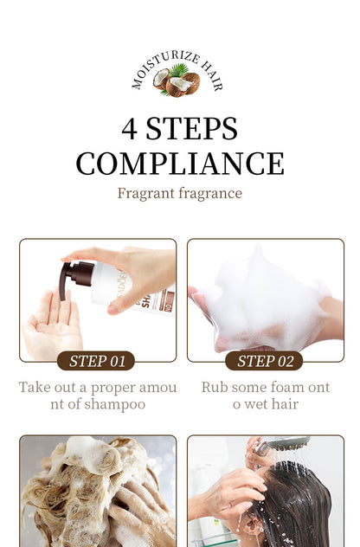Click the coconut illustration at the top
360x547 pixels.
[x=177, y=81]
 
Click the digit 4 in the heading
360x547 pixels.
[x=129, y=129]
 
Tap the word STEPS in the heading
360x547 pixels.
[x=191, y=129]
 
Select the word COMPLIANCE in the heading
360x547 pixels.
[x=180, y=164]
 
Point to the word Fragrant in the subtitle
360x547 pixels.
[x=145, y=194]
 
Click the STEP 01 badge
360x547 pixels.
[x=96, y=361]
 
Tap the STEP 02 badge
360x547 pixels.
[x=264, y=361]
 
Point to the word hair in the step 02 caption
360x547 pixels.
[x=285, y=404]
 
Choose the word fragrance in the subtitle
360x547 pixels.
[x=210, y=194]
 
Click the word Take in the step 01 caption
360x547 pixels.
[x=34, y=387]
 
